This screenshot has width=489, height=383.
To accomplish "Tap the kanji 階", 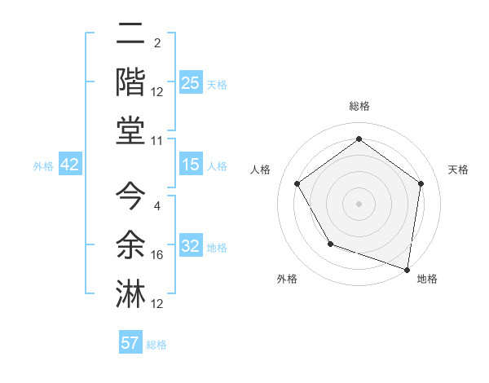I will click(x=130, y=82).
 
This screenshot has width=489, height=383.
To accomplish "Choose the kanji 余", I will click(x=130, y=244).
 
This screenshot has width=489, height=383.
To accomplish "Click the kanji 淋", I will click(x=130, y=293).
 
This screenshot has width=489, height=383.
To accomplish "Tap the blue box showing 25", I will click(x=191, y=83).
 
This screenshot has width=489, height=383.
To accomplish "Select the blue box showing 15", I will click(x=191, y=165).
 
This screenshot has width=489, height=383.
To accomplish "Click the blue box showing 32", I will click(x=191, y=246).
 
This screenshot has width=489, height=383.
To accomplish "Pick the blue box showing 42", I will click(x=70, y=165).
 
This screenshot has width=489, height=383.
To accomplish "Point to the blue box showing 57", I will click(x=131, y=343).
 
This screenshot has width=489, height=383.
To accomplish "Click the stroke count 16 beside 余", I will click(x=157, y=255).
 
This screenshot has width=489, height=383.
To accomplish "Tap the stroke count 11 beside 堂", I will click(x=157, y=141).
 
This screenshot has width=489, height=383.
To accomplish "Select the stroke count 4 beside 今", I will click(x=157, y=205).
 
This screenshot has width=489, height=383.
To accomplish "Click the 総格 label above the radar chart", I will click(x=359, y=106).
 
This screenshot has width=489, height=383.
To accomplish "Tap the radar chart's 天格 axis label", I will click(x=459, y=169).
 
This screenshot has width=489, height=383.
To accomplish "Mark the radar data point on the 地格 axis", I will click(x=407, y=268).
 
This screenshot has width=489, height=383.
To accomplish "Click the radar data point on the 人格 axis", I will click(x=297, y=183).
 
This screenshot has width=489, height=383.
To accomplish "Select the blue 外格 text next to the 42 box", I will click(x=43, y=166).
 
